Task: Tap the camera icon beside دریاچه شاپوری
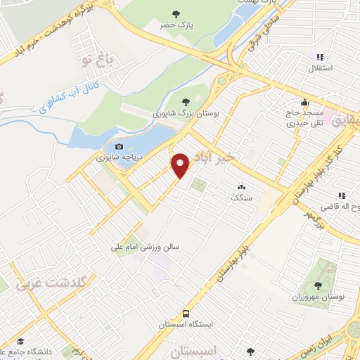pyautogui.click(x=119, y=147)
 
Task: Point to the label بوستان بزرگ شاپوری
pyautogui.click(x=186, y=112)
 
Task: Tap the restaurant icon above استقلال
pyautogui.click(x=321, y=57)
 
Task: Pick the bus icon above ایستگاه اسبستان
pyautogui.click(x=186, y=313)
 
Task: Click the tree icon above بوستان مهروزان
pyautogui.click(x=319, y=285)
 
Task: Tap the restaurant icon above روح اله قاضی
pyautogui.click(x=341, y=195)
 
